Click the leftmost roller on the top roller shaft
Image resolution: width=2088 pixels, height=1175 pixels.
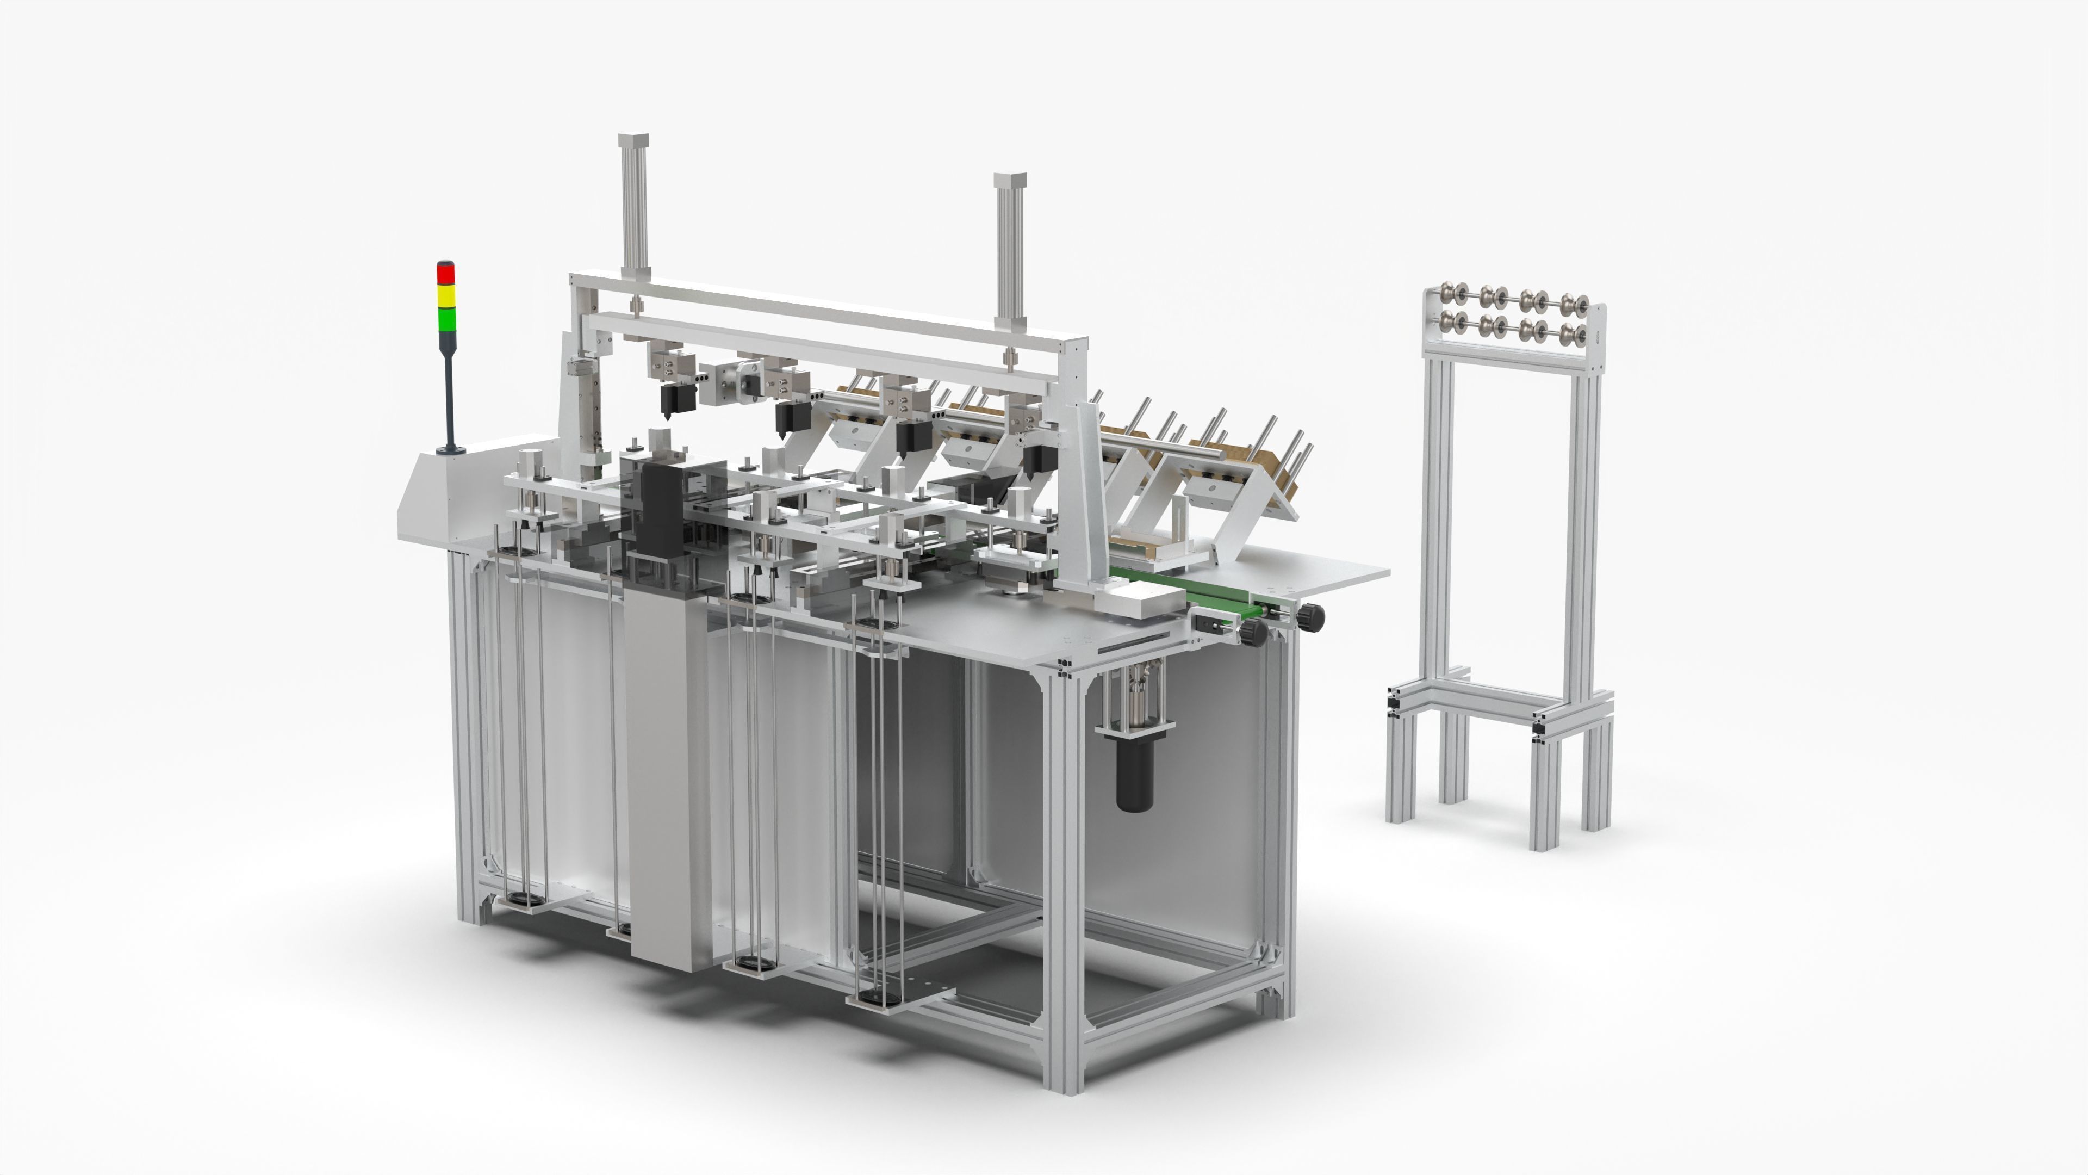[x=1445, y=293]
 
